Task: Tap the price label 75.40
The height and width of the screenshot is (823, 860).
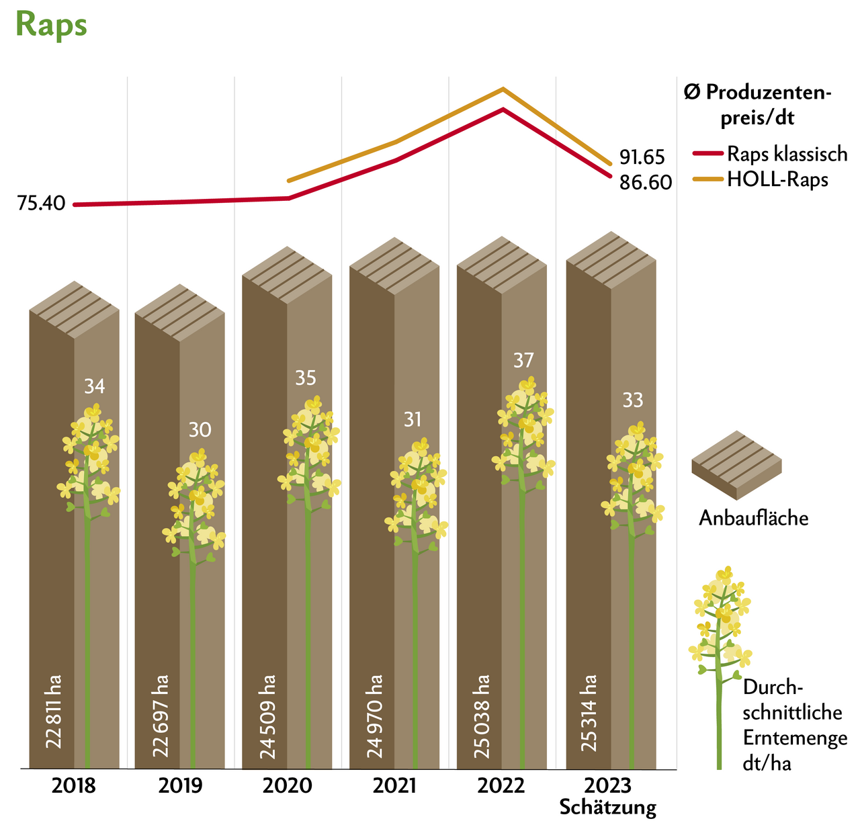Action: (x=41, y=203)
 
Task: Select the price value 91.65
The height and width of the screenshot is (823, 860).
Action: (x=642, y=157)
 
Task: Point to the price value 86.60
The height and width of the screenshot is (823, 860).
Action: (x=645, y=182)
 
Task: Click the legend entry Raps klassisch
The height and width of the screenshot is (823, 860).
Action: (x=787, y=154)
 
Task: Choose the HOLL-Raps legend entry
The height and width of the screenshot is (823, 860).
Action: (x=777, y=179)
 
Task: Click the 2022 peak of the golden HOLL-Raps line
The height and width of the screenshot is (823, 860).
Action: (x=503, y=89)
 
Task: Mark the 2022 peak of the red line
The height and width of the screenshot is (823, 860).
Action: (x=503, y=110)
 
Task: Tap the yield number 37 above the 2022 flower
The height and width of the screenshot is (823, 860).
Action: (x=523, y=361)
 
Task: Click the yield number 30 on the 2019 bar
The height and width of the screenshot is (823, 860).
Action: (x=200, y=429)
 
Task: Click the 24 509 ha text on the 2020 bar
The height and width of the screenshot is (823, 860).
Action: (x=267, y=716)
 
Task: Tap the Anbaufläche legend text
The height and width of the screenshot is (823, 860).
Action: (x=753, y=518)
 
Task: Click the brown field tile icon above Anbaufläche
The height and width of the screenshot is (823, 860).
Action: (x=737, y=465)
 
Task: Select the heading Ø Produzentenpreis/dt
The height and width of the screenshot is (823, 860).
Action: (x=757, y=105)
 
